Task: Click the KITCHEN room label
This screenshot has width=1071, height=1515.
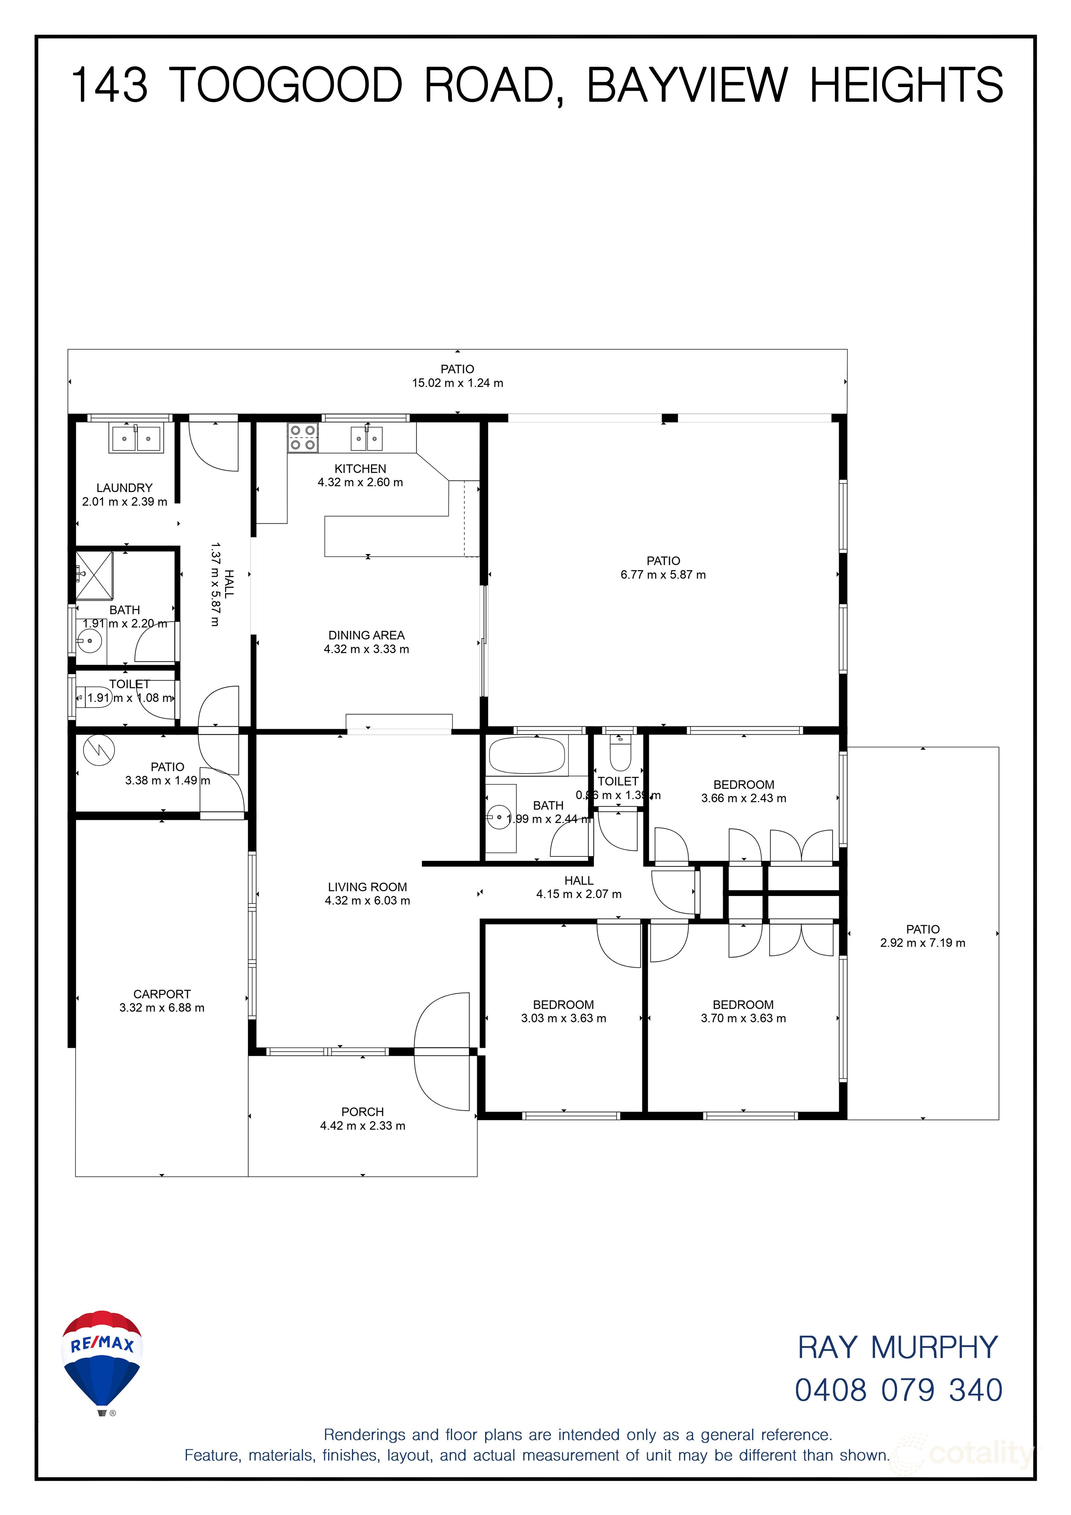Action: point(360,468)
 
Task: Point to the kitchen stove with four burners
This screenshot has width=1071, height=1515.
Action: point(303,438)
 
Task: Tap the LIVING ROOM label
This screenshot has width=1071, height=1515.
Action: point(367,887)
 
